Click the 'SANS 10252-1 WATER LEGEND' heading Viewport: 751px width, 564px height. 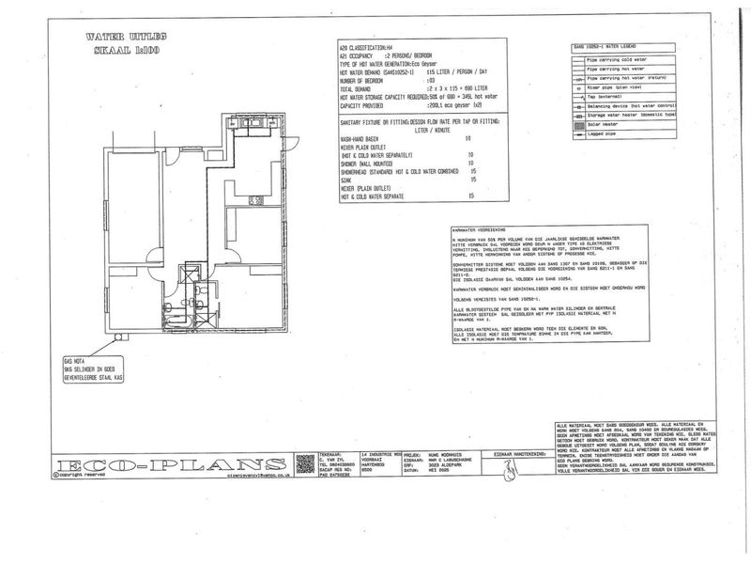[609, 45]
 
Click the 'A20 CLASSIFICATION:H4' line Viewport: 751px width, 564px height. [366, 45]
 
